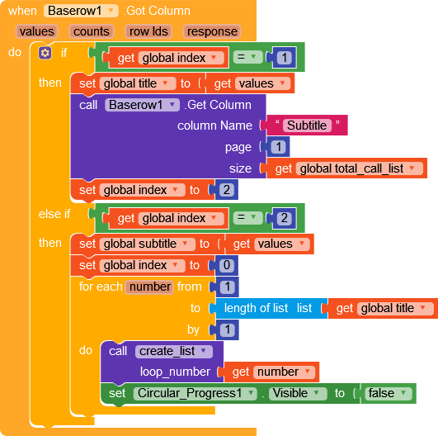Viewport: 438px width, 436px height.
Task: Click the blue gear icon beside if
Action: pyautogui.click(x=45, y=53)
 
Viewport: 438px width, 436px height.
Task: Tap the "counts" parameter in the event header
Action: pyautogui.click(x=92, y=31)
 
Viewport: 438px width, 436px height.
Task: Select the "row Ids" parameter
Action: pyautogui.click(x=148, y=31)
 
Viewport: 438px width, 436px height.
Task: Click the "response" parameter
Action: pyautogui.click(x=212, y=31)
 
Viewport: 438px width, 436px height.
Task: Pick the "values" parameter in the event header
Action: pyautogui.click(x=36, y=31)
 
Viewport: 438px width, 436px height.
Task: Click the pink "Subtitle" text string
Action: pyautogui.click(x=307, y=126)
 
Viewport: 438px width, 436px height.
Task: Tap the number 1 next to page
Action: pyautogui.click(x=278, y=147)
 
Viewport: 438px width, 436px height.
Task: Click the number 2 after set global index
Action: pyautogui.click(x=227, y=190)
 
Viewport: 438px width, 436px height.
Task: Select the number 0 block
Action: pyautogui.click(x=227, y=265)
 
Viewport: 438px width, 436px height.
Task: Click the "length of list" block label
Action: pyautogui.click(x=256, y=308)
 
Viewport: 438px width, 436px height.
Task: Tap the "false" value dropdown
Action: pyautogui.click(x=389, y=393)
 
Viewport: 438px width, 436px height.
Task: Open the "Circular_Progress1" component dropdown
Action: pyautogui.click(x=195, y=393)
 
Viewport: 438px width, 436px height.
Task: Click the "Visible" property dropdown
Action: pyautogui.click(x=298, y=393)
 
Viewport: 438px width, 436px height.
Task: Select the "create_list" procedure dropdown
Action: pyautogui.click(x=174, y=351)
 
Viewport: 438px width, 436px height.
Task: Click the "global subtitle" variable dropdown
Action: pyautogui.click(x=147, y=244)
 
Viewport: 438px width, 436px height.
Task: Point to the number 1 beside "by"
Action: pyautogui.click(x=227, y=329)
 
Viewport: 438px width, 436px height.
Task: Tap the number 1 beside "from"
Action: pyautogui.click(x=227, y=287)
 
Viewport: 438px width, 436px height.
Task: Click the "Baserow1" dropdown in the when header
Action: pyautogui.click(x=81, y=11)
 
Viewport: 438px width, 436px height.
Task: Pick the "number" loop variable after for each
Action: pyautogui.click(x=150, y=287)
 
